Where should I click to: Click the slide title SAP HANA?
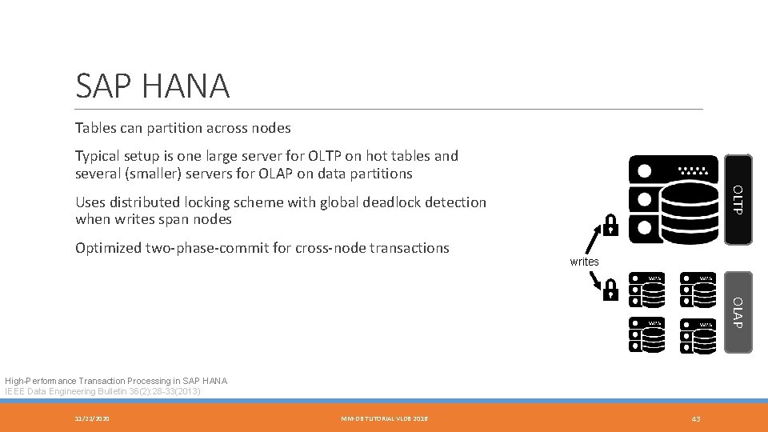pyautogui.click(x=152, y=86)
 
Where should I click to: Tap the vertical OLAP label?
pyautogui.click(x=738, y=312)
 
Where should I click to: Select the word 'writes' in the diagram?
pyautogui.click(x=584, y=262)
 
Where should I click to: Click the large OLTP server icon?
pyautogui.click(x=674, y=199)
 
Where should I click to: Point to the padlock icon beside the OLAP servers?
pyautogui.click(x=610, y=290)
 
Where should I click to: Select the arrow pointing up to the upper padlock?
pyautogui.click(x=594, y=239)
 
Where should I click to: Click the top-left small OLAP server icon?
pyautogui.click(x=646, y=290)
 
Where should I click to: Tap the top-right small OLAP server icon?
pyautogui.click(x=697, y=290)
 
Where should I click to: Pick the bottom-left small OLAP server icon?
pyautogui.click(x=646, y=335)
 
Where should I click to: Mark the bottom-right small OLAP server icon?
pyautogui.click(x=697, y=335)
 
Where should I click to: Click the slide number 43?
pyautogui.click(x=696, y=419)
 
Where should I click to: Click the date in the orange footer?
pyautogui.click(x=93, y=419)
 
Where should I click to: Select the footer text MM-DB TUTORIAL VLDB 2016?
pyautogui.click(x=384, y=419)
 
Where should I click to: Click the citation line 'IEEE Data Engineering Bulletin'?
pyautogui.click(x=102, y=391)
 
